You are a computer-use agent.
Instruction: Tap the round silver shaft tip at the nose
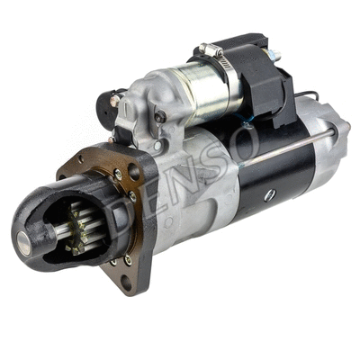pos(24,238)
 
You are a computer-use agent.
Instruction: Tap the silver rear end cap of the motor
pos(328,144)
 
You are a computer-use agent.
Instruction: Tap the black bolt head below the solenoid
pos(160,116)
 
